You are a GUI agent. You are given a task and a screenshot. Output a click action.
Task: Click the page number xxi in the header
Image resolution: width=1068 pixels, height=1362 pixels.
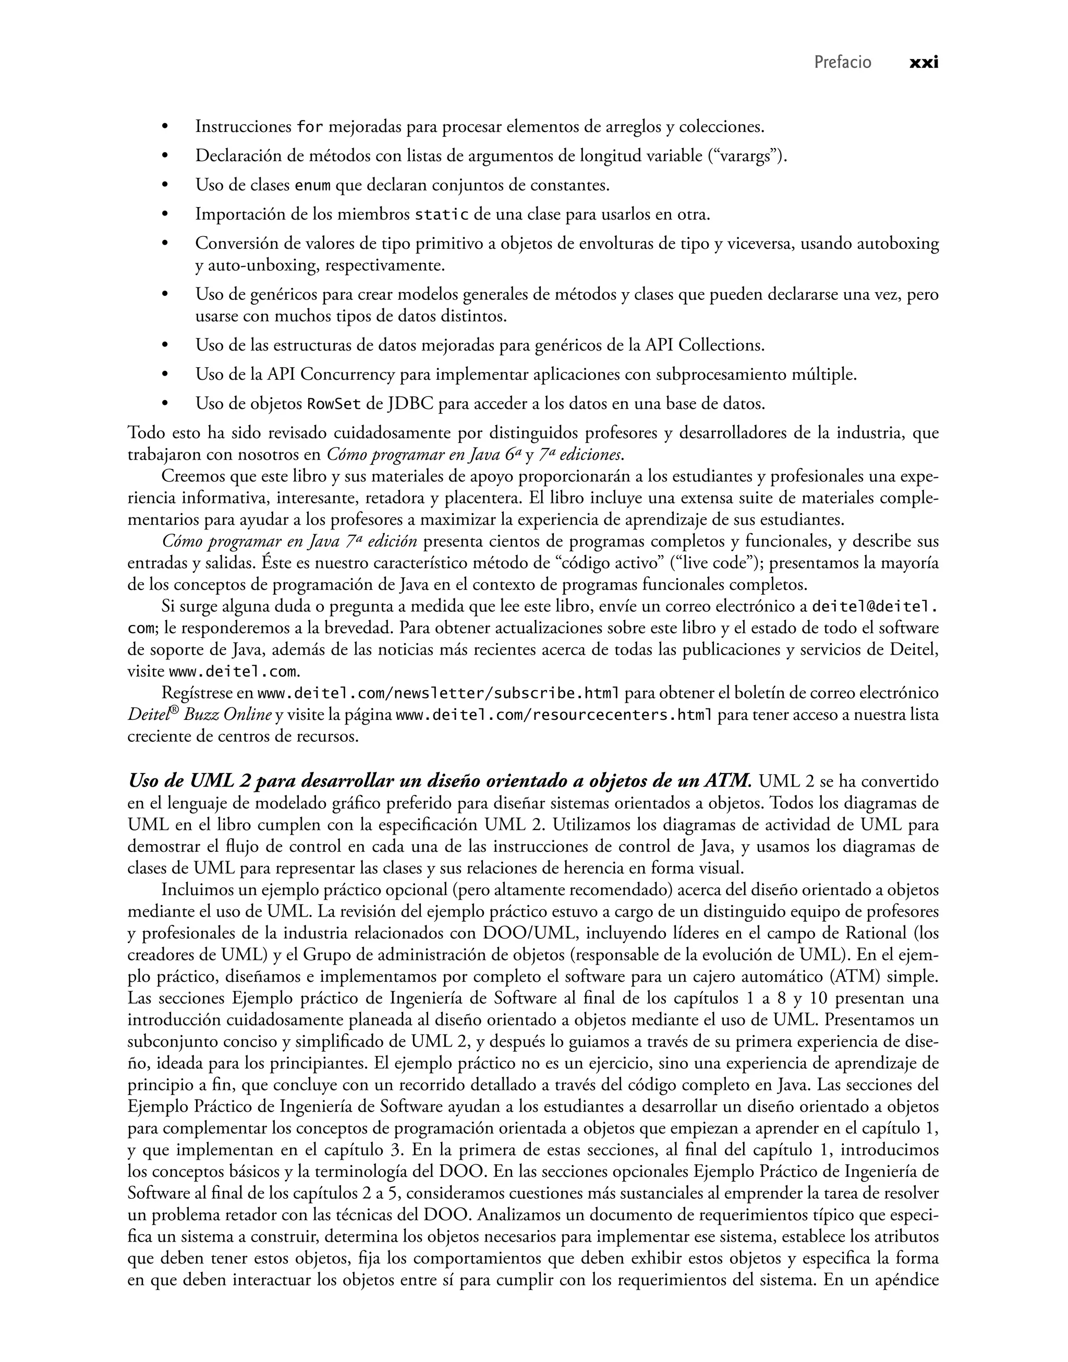pos(924,63)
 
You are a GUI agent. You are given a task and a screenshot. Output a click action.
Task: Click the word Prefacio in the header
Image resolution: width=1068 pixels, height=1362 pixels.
pos(842,63)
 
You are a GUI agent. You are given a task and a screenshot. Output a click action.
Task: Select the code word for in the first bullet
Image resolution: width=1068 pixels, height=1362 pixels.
pos(310,127)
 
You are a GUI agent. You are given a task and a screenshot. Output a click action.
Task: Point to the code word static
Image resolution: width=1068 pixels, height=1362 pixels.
pos(442,215)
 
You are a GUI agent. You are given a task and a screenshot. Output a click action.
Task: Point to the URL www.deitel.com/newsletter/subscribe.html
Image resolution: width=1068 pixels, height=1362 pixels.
pos(439,693)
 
